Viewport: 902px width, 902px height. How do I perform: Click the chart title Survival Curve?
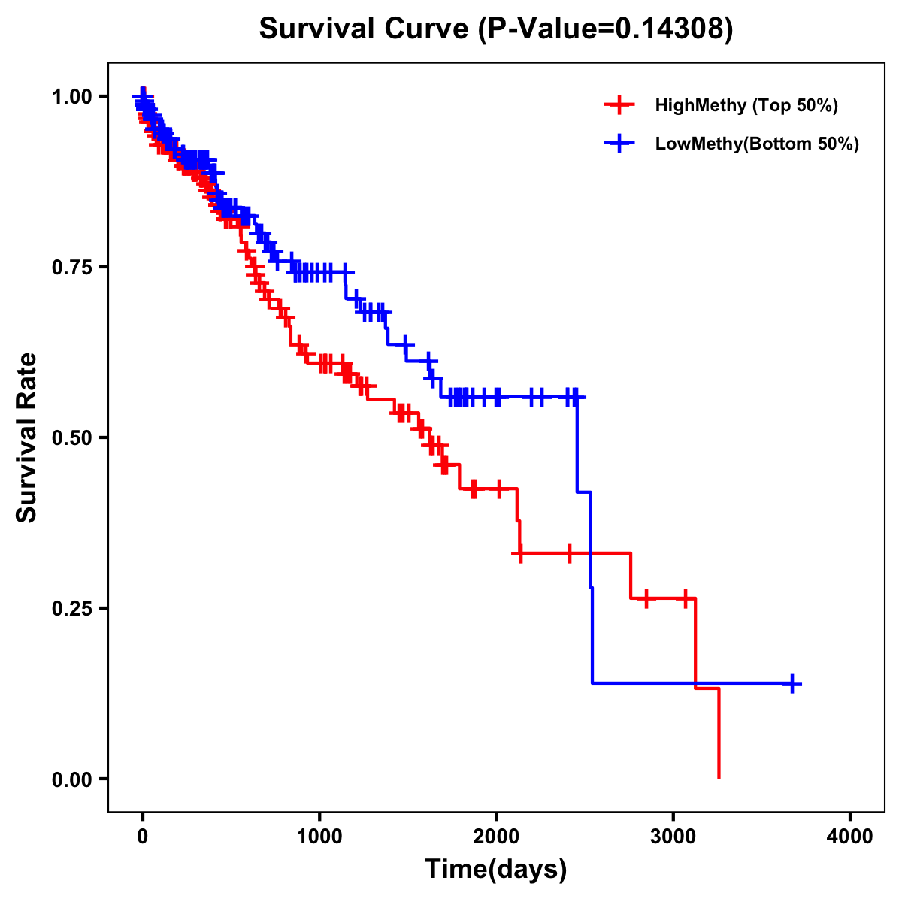(495, 29)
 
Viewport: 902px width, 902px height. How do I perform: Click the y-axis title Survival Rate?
(27, 437)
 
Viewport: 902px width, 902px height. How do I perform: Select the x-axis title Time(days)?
(495, 869)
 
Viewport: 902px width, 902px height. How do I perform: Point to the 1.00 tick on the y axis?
(73, 96)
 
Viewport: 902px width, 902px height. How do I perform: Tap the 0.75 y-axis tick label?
(73, 267)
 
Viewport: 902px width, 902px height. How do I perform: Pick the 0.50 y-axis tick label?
(73, 437)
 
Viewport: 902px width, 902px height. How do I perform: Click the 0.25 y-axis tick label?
(73, 608)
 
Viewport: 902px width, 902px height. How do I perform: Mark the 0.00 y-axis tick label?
(73, 779)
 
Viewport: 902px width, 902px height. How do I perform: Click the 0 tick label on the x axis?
(143, 837)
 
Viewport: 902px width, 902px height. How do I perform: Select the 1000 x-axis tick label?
(319, 837)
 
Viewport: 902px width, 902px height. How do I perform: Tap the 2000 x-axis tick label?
(496, 837)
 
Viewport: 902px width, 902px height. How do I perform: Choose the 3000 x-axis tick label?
(673, 837)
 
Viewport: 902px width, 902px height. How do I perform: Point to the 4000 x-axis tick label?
(850, 837)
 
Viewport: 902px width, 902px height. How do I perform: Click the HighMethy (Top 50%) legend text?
(746, 105)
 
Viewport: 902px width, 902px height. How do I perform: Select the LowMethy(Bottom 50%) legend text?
(757, 144)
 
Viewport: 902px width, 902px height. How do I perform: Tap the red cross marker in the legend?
(619, 105)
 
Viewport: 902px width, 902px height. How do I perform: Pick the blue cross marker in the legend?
(619, 144)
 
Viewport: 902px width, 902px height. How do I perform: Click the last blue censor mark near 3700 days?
(792, 683)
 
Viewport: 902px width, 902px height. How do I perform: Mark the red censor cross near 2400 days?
(569, 553)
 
